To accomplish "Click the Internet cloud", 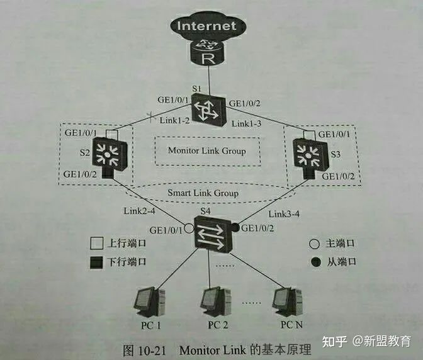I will (x=207, y=26).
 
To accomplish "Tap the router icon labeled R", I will (x=207, y=56).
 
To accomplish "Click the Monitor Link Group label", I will (x=206, y=150).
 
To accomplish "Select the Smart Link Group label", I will (x=203, y=193).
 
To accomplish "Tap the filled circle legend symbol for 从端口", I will (x=315, y=261).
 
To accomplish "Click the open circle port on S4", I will (x=188, y=227).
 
